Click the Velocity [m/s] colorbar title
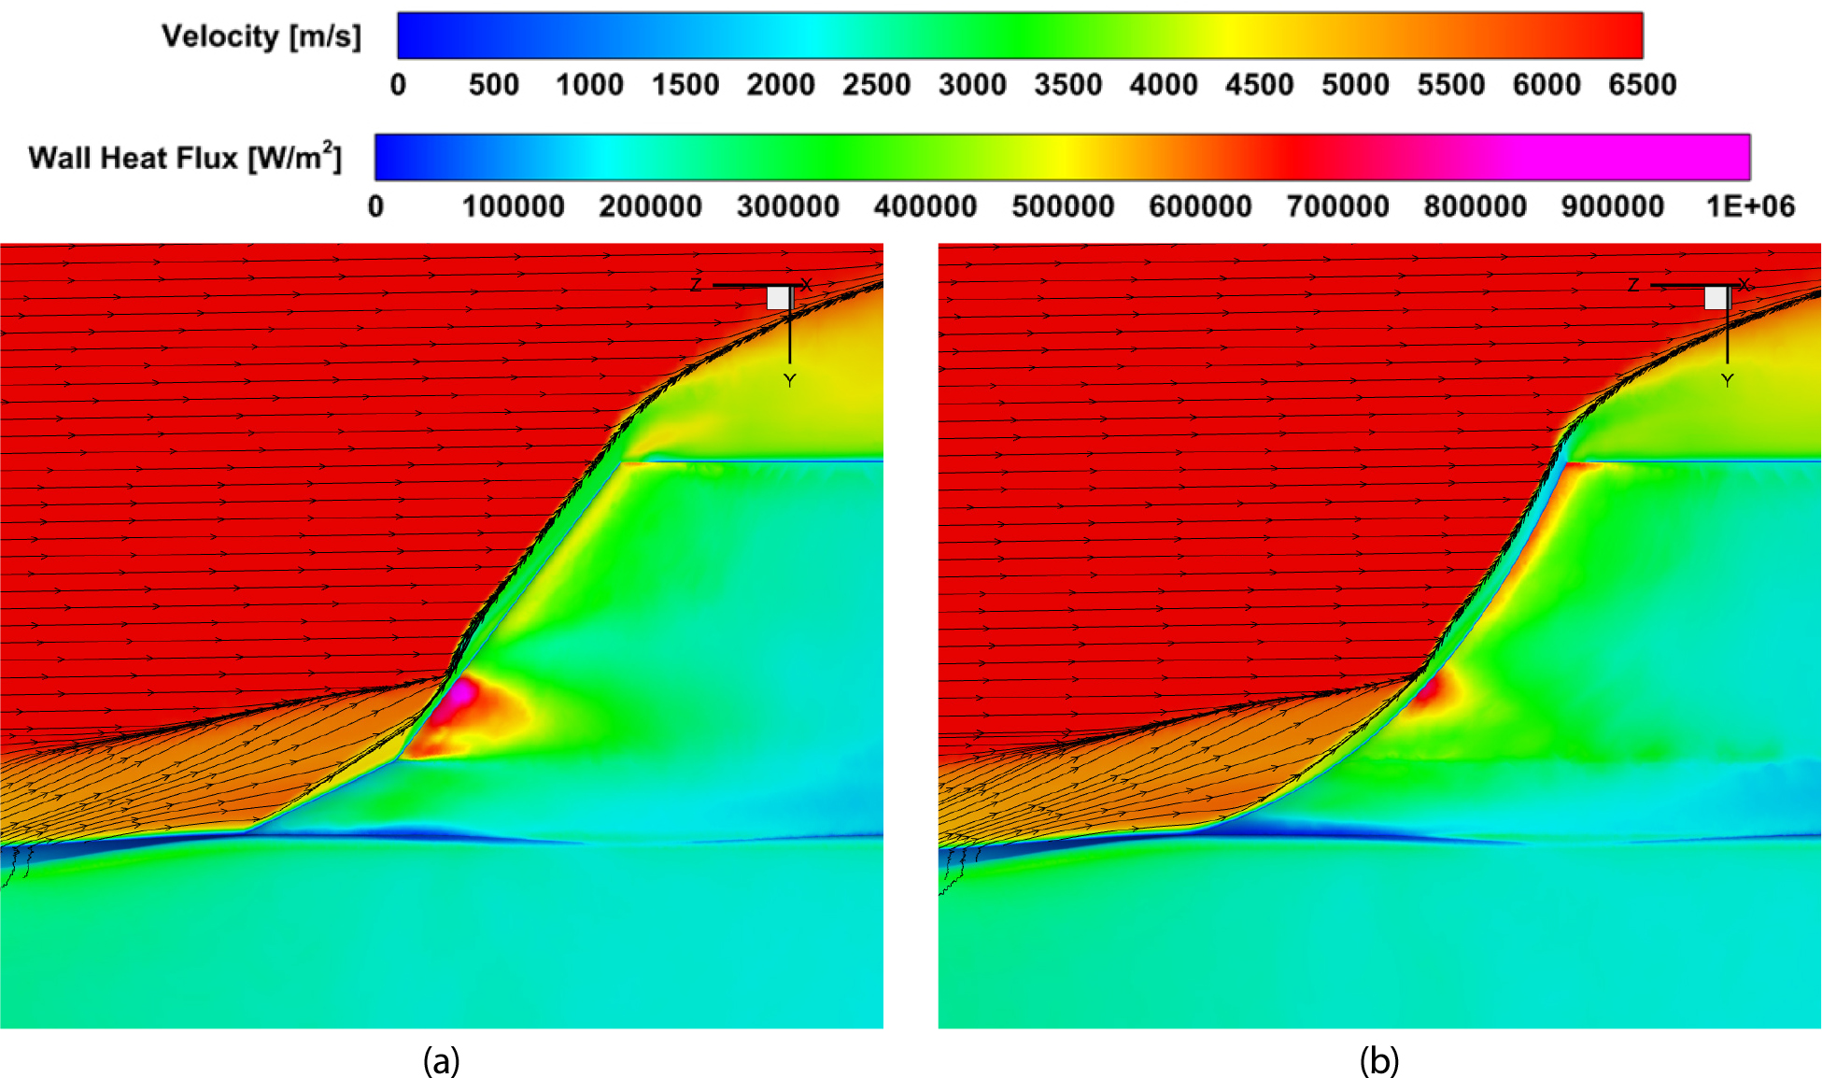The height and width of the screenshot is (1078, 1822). click(x=261, y=36)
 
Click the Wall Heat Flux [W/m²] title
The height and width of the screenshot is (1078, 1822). click(x=185, y=156)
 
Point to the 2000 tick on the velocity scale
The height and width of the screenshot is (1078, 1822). click(x=781, y=85)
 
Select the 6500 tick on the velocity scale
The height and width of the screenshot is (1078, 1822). click(x=1642, y=85)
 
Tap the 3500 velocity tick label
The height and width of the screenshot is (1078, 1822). click(x=1067, y=85)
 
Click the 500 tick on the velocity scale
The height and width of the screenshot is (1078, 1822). click(x=493, y=85)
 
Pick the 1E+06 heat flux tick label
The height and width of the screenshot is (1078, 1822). click(x=1750, y=206)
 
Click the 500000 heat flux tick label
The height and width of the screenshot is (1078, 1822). click(x=1063, y=206)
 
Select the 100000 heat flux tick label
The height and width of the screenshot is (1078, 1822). click(x=514, y=206)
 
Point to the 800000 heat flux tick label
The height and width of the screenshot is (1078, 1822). click(x=1475, y=206)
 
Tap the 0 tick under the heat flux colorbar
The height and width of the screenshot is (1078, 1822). click(x=375, y=206)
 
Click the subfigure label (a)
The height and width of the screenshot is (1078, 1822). click(x=442, y=1060)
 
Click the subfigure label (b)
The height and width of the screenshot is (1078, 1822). click(x=1379, y=1060)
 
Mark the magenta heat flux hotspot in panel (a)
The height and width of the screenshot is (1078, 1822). click(x=459, y=695)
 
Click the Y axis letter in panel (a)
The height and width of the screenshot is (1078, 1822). click(x=790, y=380)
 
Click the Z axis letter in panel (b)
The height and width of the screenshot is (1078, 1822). click(x=1633, y=285)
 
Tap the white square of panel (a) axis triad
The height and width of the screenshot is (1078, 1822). click(x=779, y=298)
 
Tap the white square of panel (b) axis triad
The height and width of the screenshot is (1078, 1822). click(x=1716, y=298)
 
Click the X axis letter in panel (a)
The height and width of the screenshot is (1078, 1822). click(x=807, y=285)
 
